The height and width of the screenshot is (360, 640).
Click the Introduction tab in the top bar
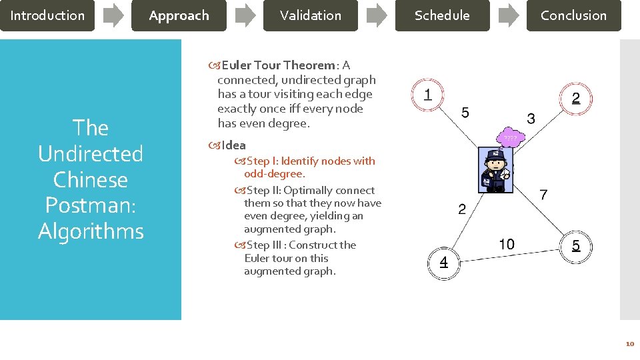(47, 15)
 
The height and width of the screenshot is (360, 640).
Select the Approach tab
(179, 15)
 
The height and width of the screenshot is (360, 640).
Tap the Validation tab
(310, 15)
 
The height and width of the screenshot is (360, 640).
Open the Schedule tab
(442, 15)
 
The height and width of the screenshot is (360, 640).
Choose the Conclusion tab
(573, 15)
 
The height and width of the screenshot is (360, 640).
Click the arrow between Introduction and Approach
(113, 15)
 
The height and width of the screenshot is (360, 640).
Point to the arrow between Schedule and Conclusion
(508, 15)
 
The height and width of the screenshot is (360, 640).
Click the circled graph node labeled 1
(427, 95)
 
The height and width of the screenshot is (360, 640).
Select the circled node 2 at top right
(576, 99)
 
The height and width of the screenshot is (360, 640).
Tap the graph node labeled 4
(444, 262)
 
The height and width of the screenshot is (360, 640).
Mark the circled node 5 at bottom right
(576, 246)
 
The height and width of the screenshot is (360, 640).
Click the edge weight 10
(507, 244)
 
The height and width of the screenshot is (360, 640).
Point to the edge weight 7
(543, 195)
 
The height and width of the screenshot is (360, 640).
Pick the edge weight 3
(531, 119)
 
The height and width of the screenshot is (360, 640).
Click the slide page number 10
(629, 344)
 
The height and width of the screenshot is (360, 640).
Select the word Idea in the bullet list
(233, 145)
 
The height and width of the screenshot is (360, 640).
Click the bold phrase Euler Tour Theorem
(278, 65)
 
